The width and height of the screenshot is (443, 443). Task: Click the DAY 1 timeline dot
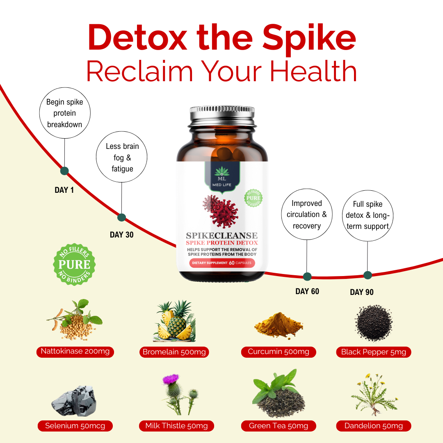(64, 171)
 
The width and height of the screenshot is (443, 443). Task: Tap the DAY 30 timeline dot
(121, 217)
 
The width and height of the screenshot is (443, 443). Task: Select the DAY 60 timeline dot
(307, 276)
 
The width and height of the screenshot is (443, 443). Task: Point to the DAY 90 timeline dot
(368, 275)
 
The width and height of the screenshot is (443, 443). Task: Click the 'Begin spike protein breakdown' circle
(65, 88)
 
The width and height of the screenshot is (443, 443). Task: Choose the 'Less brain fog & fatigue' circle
(121, 132)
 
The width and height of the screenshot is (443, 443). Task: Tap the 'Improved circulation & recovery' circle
(307, 189)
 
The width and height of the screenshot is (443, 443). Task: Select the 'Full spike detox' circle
(368, 190)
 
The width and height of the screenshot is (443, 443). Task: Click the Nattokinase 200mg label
(75, 352)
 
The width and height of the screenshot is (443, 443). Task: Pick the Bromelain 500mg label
(174, 352)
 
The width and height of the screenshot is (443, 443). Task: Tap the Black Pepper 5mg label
(374, 352)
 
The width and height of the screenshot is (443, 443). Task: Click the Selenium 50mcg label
(75, 426)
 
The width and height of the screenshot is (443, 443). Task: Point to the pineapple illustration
(174, 321)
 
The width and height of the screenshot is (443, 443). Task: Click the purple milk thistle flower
(171, 379)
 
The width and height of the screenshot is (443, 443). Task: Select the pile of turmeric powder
(279, 324)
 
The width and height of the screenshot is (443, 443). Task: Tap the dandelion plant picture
(374, 395)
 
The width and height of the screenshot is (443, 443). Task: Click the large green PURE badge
(74, 265)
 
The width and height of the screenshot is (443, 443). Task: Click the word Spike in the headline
(309, 39)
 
